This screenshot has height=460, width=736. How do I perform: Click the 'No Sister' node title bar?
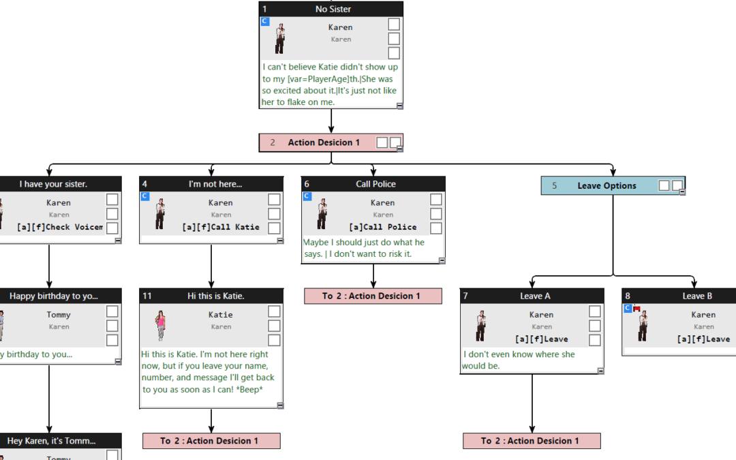[x=332, y=9]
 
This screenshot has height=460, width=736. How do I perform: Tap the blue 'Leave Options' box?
[x=606, y=185]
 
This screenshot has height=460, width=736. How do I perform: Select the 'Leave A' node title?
[x=535, y=296]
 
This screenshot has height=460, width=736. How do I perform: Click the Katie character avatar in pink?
[x=162, y=325]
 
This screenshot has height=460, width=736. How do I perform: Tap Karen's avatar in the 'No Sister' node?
[x=279, y=37]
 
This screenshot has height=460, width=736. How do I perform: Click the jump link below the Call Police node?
[x=373, y=296]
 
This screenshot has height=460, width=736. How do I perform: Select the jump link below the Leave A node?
[x=532, y=441]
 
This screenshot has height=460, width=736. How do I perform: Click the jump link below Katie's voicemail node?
[x=211, y=441]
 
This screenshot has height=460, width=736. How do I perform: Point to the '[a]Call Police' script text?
[x=382, y=227]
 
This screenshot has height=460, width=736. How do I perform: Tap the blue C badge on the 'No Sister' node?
[x=265, y=22]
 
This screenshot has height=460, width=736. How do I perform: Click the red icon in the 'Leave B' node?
[x=637, y=309]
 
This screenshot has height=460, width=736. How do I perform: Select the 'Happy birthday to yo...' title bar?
[x=53, y=296]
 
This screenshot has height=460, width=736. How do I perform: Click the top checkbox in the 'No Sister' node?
[x=394, y=25]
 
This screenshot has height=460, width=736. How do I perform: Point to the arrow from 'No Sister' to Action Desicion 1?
[x=331, y=121]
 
